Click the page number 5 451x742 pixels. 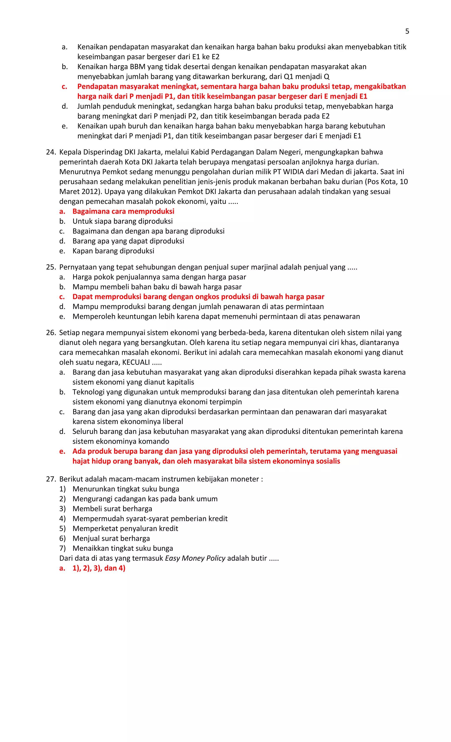click(x=407, y=31)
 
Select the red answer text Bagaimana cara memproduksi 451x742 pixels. click(x=123, y=211)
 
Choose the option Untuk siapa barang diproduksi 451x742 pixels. click(x=122, y=221)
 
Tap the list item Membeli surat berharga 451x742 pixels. click(x=112, y=509)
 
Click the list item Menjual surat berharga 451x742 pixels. click(x=111, y=539)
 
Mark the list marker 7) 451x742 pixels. click(x=62, y=548)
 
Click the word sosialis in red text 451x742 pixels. click(x=328, y=461)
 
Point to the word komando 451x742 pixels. click(x=154, y=442)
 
